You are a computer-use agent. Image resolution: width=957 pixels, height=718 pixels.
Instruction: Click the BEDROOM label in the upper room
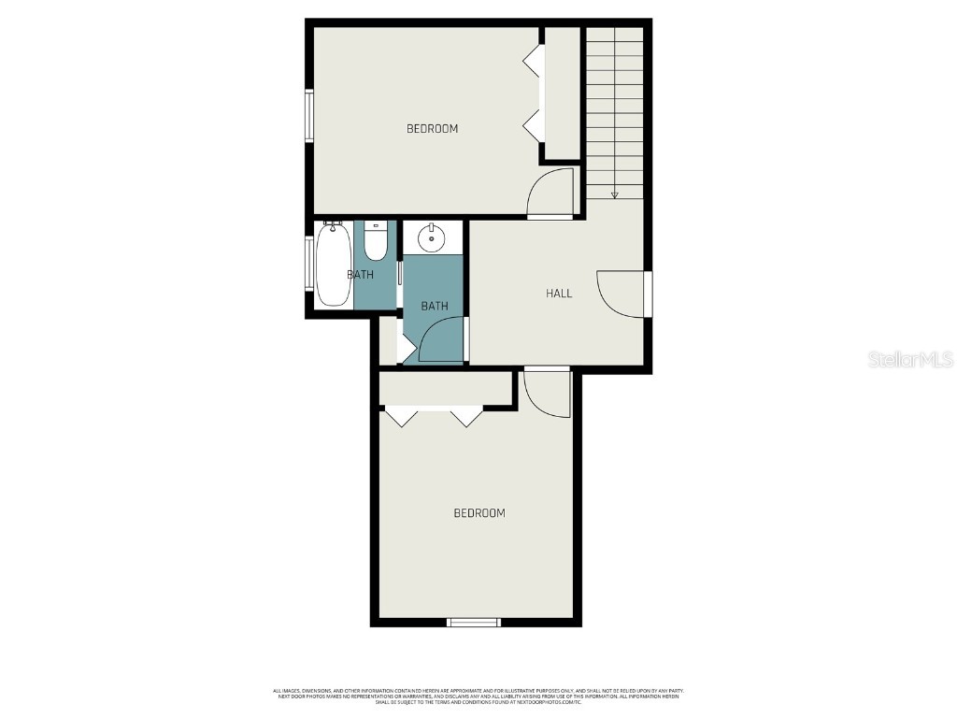pyautogui.click(x=432, y=128)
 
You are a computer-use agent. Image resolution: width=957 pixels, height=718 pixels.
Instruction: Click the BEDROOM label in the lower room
pyautogui.click(x=479, y=512)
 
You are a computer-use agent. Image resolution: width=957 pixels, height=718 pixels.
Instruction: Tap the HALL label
pyautogui.click(x=559, y=294)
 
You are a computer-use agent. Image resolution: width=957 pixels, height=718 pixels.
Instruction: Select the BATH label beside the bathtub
pyautogui.click(x=361, y=275)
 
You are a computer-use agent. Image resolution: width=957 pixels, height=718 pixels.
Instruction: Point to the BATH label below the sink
pyautogui.click(x=434, y=306)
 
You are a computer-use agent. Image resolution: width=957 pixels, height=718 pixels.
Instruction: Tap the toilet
pyautogui.click(x=375, y=241)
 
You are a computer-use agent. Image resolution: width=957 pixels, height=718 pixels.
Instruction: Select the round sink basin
pyautogui.click(x=431, y=238)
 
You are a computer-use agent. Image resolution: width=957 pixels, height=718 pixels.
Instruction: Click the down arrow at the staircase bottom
pyautogui.click(x=614, y=194)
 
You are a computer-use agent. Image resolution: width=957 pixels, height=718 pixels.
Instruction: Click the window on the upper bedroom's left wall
pyautogui.click(x=309, y=115)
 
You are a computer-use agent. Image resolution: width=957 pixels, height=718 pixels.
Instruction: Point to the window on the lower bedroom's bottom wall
pyautogui.click(x=473, y=622)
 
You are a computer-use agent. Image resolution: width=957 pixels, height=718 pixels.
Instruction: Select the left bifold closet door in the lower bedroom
pyautogui.click(x=402, y=416)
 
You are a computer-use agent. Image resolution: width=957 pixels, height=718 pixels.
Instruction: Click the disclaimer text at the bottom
pyautogui.click(x=478, y=696)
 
